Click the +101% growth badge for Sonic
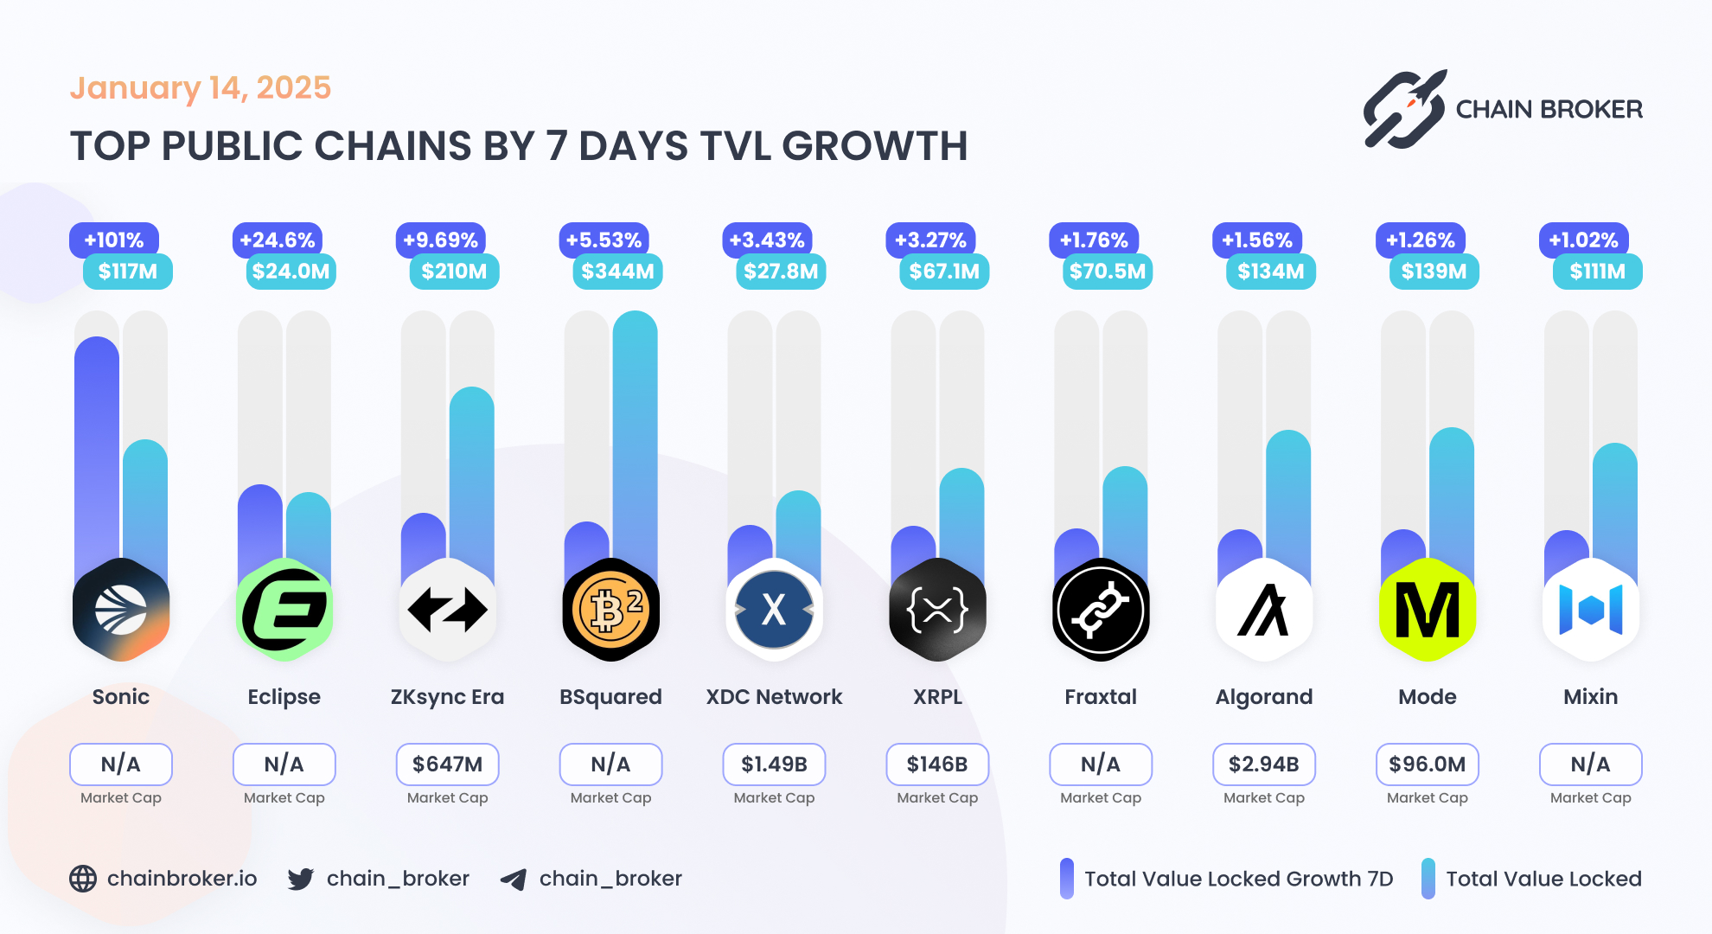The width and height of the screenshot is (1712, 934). click(113, 240)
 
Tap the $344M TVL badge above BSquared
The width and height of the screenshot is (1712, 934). click(617, 272)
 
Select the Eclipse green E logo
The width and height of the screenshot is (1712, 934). click(284, 610)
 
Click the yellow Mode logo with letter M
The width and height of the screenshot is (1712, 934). click(1428, 610)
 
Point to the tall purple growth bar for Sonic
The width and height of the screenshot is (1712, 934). click(97, 450)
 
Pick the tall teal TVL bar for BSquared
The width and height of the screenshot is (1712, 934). click(635, 432)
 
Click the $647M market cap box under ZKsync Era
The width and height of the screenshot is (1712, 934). click(447, 764)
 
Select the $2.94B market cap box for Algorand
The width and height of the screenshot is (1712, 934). click(1263, 764)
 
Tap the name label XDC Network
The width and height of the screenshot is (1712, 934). click(774, 697)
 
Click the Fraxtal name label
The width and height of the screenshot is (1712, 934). click(1100, 697)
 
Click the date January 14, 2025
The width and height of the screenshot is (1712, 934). click(200, 88)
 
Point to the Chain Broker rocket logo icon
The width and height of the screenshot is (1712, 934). click(1405, 110)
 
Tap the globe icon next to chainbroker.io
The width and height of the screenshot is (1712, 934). click(83, 879)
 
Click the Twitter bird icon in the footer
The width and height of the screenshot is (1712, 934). click(301, 879)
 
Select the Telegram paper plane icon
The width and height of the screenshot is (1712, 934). click(514, 880)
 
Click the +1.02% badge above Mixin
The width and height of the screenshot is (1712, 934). click(1583, 240)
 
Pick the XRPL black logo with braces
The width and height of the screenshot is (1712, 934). click(937, 610)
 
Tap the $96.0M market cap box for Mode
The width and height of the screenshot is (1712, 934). click(1427, 764)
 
